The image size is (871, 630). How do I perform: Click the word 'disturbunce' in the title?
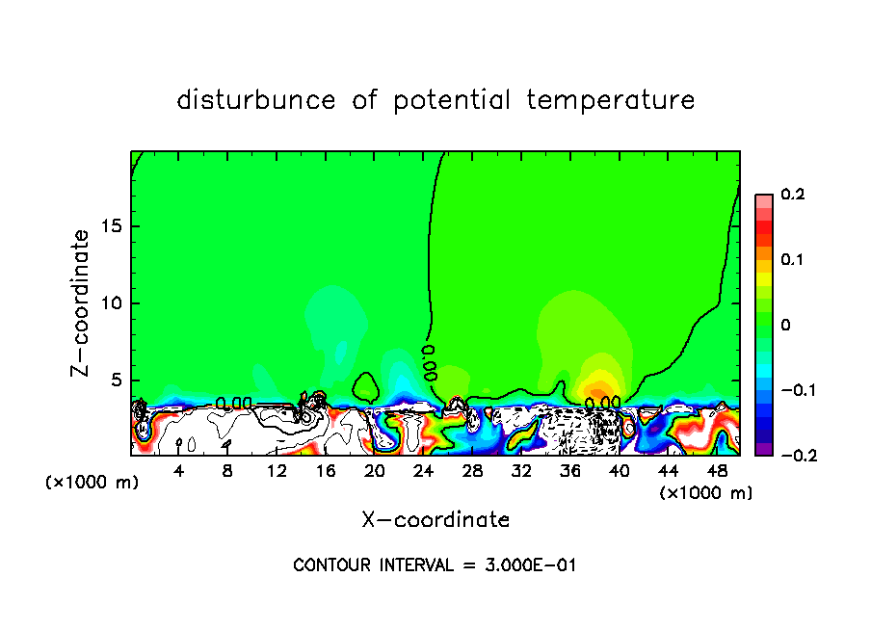point(257,100)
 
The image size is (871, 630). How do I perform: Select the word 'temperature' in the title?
point(611,100)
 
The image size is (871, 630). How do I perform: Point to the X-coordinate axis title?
point(435,520)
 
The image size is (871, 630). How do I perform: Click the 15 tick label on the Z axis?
point(110,226)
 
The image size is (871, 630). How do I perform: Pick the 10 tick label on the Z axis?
point(110,303)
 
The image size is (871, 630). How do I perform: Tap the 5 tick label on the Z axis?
point(115,381)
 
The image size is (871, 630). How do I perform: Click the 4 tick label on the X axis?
point(179,471)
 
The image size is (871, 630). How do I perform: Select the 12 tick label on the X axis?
point(277,471)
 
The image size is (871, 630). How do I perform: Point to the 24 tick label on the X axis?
point(423,471)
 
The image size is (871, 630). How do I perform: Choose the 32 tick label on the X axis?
point(521,471)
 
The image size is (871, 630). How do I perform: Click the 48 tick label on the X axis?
point(717,471)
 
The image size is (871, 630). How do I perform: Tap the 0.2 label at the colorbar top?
point(793,195)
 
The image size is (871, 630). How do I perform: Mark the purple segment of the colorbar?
point(764,449)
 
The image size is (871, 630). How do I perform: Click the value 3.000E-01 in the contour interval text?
point(530,565)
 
